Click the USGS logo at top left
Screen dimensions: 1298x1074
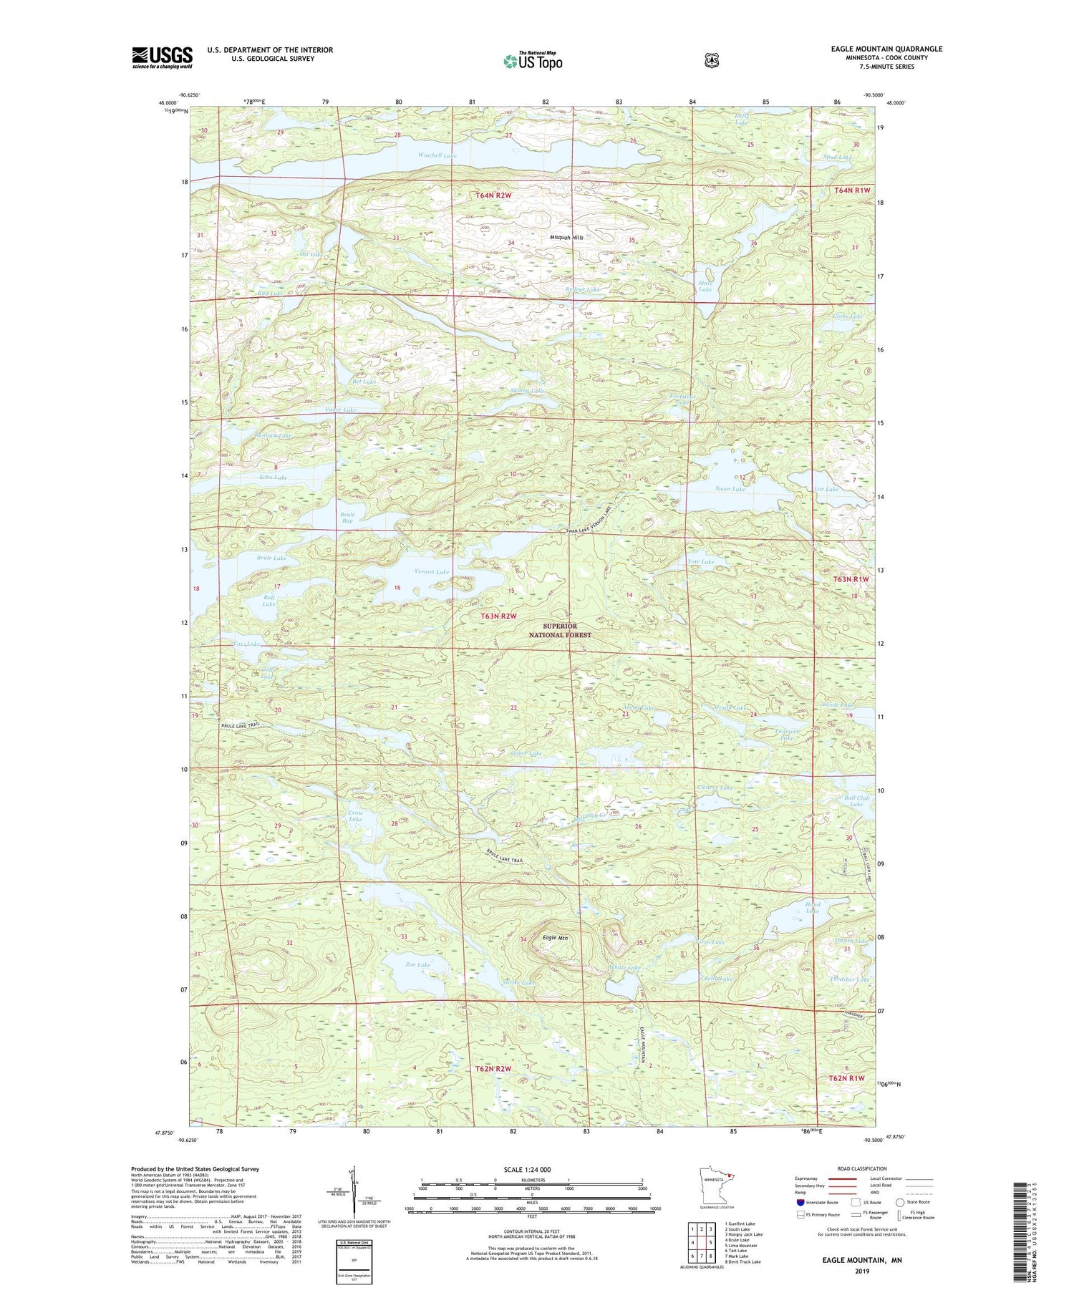162,57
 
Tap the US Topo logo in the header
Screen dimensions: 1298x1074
533,61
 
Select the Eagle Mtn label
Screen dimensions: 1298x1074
555,938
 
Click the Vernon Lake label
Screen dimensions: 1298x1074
432,572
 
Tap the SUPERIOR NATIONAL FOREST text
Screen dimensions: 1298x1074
560,630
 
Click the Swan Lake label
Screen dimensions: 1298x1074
730,489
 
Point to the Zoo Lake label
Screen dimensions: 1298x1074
418,965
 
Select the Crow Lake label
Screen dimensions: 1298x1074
355,816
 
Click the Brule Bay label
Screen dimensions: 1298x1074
347,518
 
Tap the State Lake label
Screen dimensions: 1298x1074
705,286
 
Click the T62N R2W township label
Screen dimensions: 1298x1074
493,1069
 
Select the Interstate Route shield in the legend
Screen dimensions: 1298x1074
800,1203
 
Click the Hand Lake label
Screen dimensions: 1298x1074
812,908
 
